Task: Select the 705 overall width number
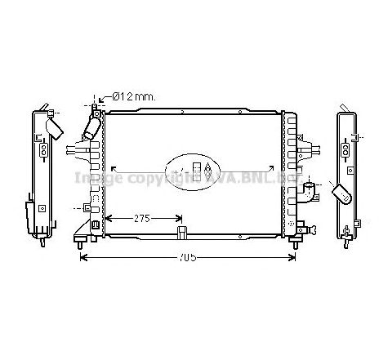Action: click(188, 260)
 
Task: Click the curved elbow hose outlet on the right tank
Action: click(308, 195)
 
